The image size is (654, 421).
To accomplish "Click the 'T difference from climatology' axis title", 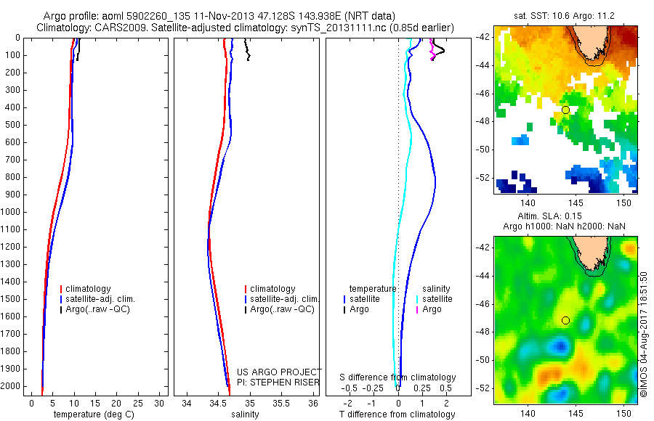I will tap(397, 415).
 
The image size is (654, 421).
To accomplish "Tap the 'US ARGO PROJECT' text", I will tap(279, 372).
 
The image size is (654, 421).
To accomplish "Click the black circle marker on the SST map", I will tap(565, 110).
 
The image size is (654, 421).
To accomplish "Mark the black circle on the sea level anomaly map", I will tap(565, 320).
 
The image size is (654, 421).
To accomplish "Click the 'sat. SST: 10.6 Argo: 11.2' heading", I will tap(565, 15).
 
